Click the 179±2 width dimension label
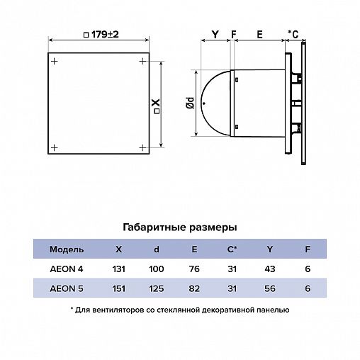click(101, 35)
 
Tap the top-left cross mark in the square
click(55, 62)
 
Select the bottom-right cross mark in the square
click(142, 148)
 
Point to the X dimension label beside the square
click(156, 106)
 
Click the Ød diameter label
click(190, 103)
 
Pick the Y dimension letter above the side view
click(215, 35)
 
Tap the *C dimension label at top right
click(293, 35)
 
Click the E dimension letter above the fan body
click(259, 35)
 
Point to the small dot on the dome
click(204, 103)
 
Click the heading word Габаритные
click(154, 227)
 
